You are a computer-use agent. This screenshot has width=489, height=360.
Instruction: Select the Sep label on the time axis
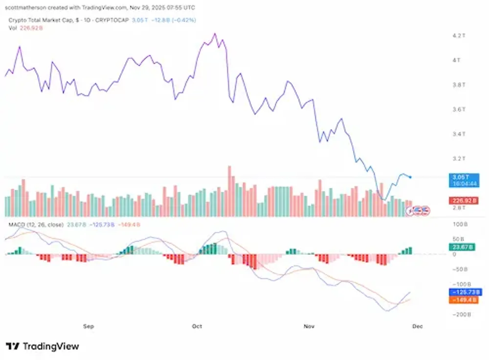click(88, 325)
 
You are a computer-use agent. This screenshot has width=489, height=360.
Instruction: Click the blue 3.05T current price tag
click(463, 177)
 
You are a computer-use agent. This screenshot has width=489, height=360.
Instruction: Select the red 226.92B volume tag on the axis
click(462, 200)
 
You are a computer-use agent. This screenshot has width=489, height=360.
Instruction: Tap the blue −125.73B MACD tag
click(462, 292)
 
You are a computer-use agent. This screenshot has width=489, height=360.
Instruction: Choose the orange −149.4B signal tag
click(462, 299)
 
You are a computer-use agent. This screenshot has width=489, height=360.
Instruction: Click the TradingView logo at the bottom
click(43, 346)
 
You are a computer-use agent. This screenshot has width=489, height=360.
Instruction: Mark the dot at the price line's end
click(410, 177)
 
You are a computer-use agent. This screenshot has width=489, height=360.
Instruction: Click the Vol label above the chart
click(13, 28)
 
